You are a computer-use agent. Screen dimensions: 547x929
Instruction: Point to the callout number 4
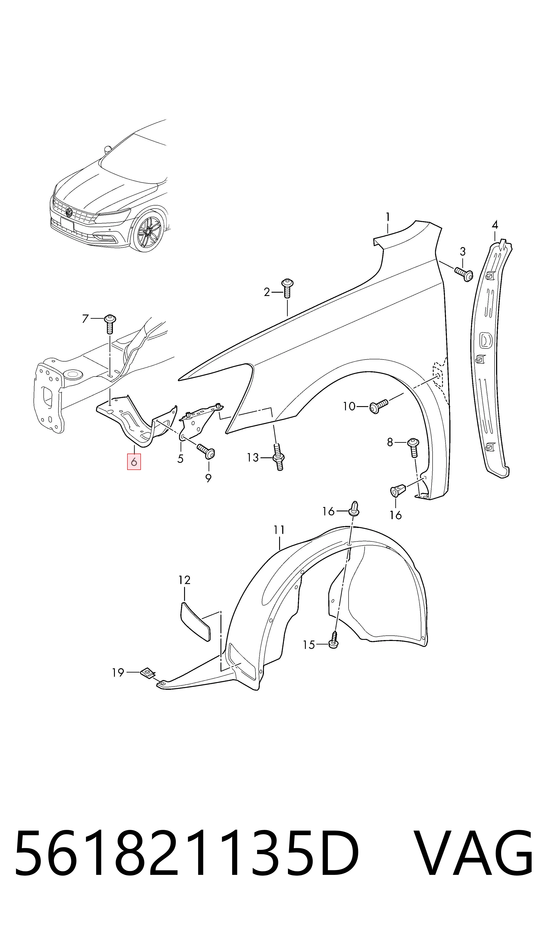point(495,225)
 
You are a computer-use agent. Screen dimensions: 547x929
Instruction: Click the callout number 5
point(180,459)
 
